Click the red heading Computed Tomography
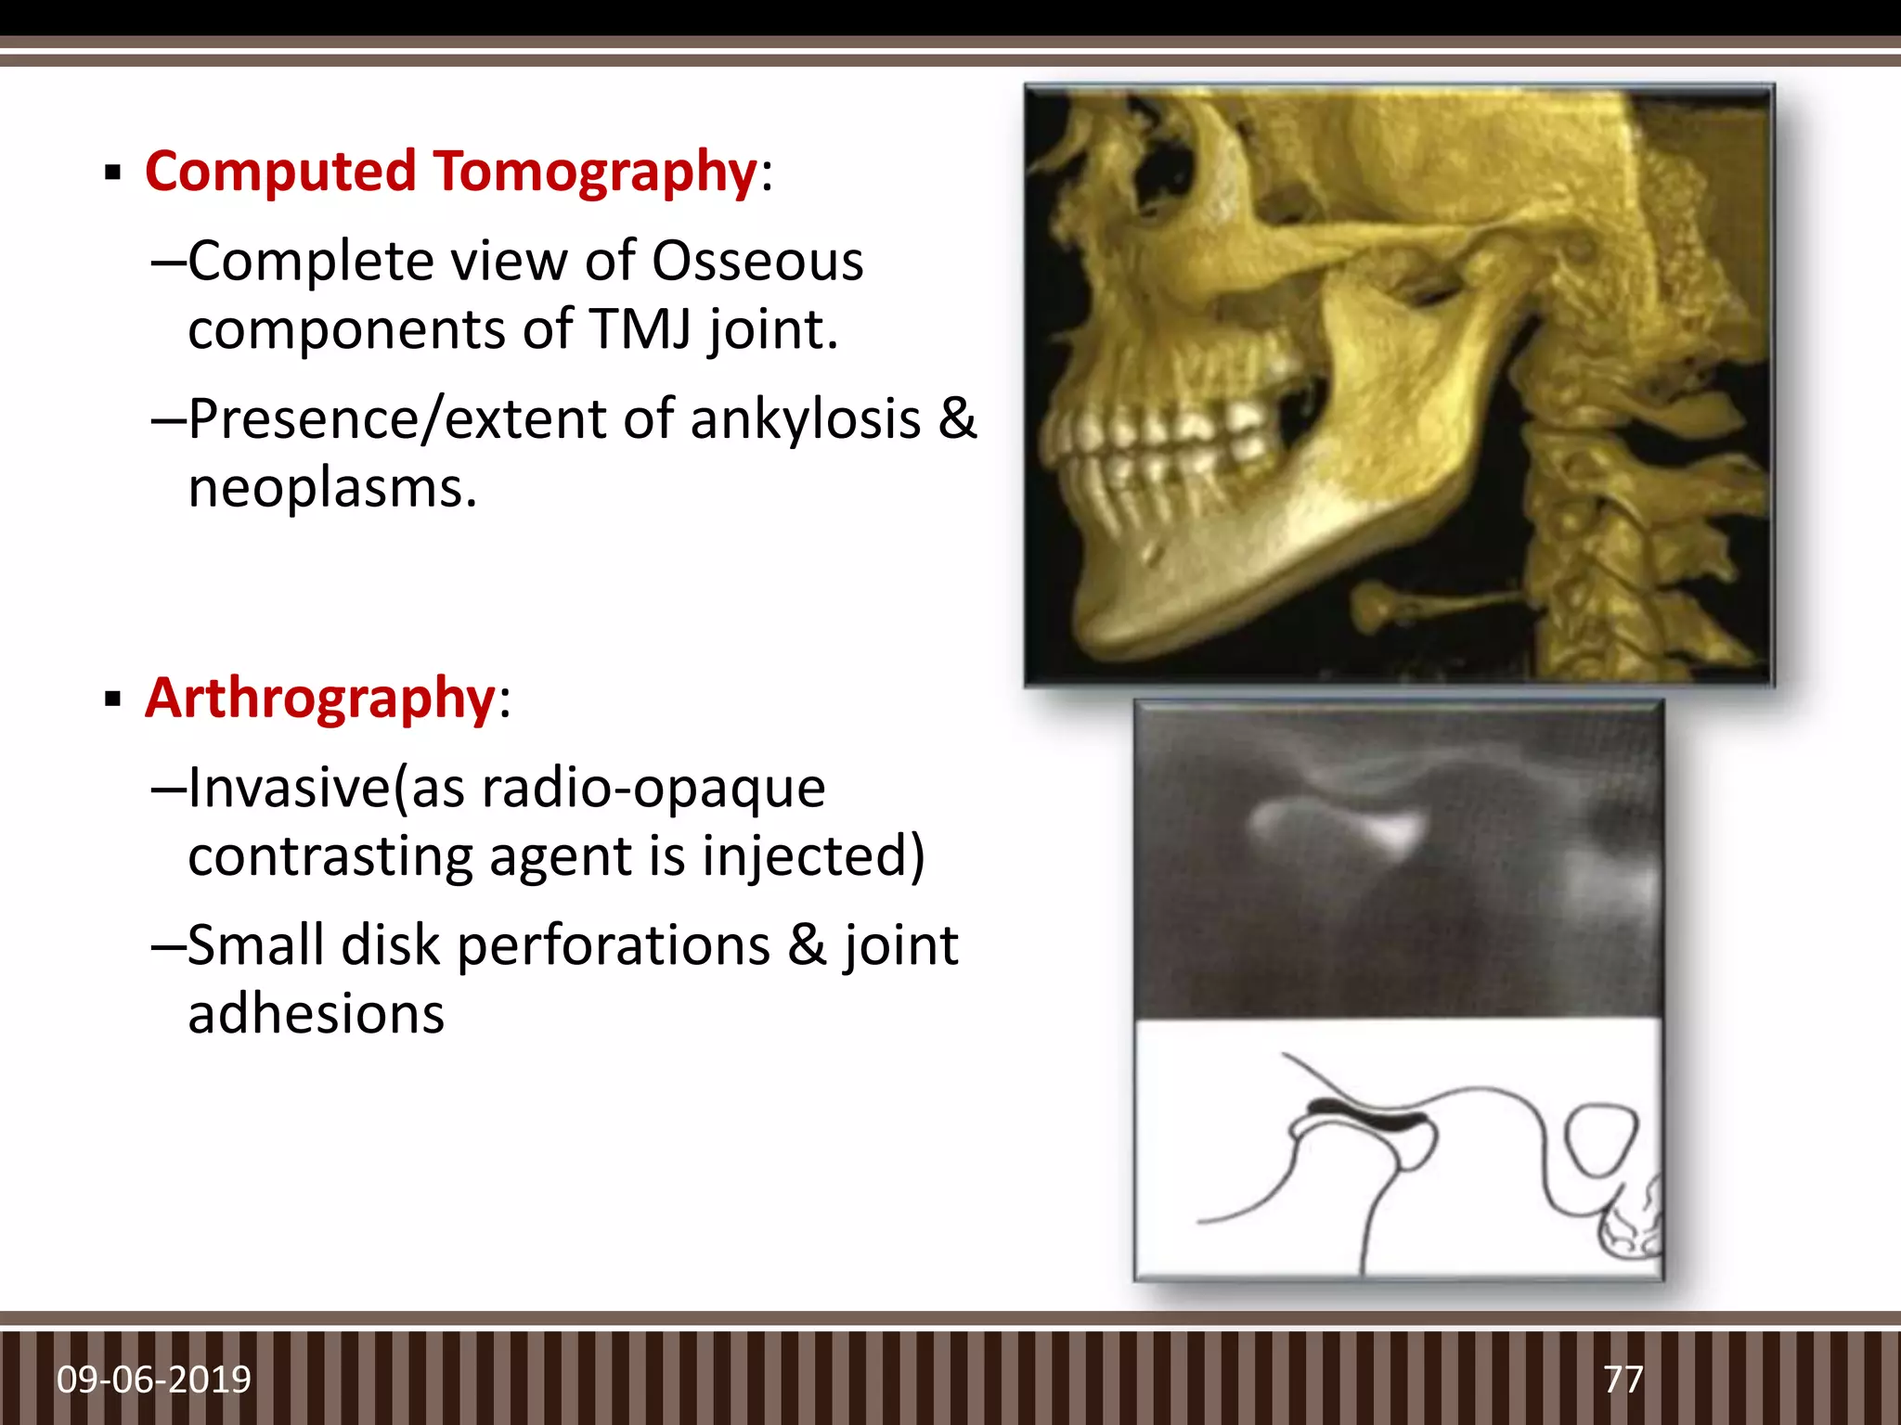click(451, 173)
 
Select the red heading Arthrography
click(319, 698)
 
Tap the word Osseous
click(757, 261)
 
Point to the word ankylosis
click(805, 419)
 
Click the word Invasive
click(289, 788)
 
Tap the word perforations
click(613, 945)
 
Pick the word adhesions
click(316, 1013)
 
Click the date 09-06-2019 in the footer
click(153, 1380)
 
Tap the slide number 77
click(1623, 1380)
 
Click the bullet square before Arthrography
click(113, 700)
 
